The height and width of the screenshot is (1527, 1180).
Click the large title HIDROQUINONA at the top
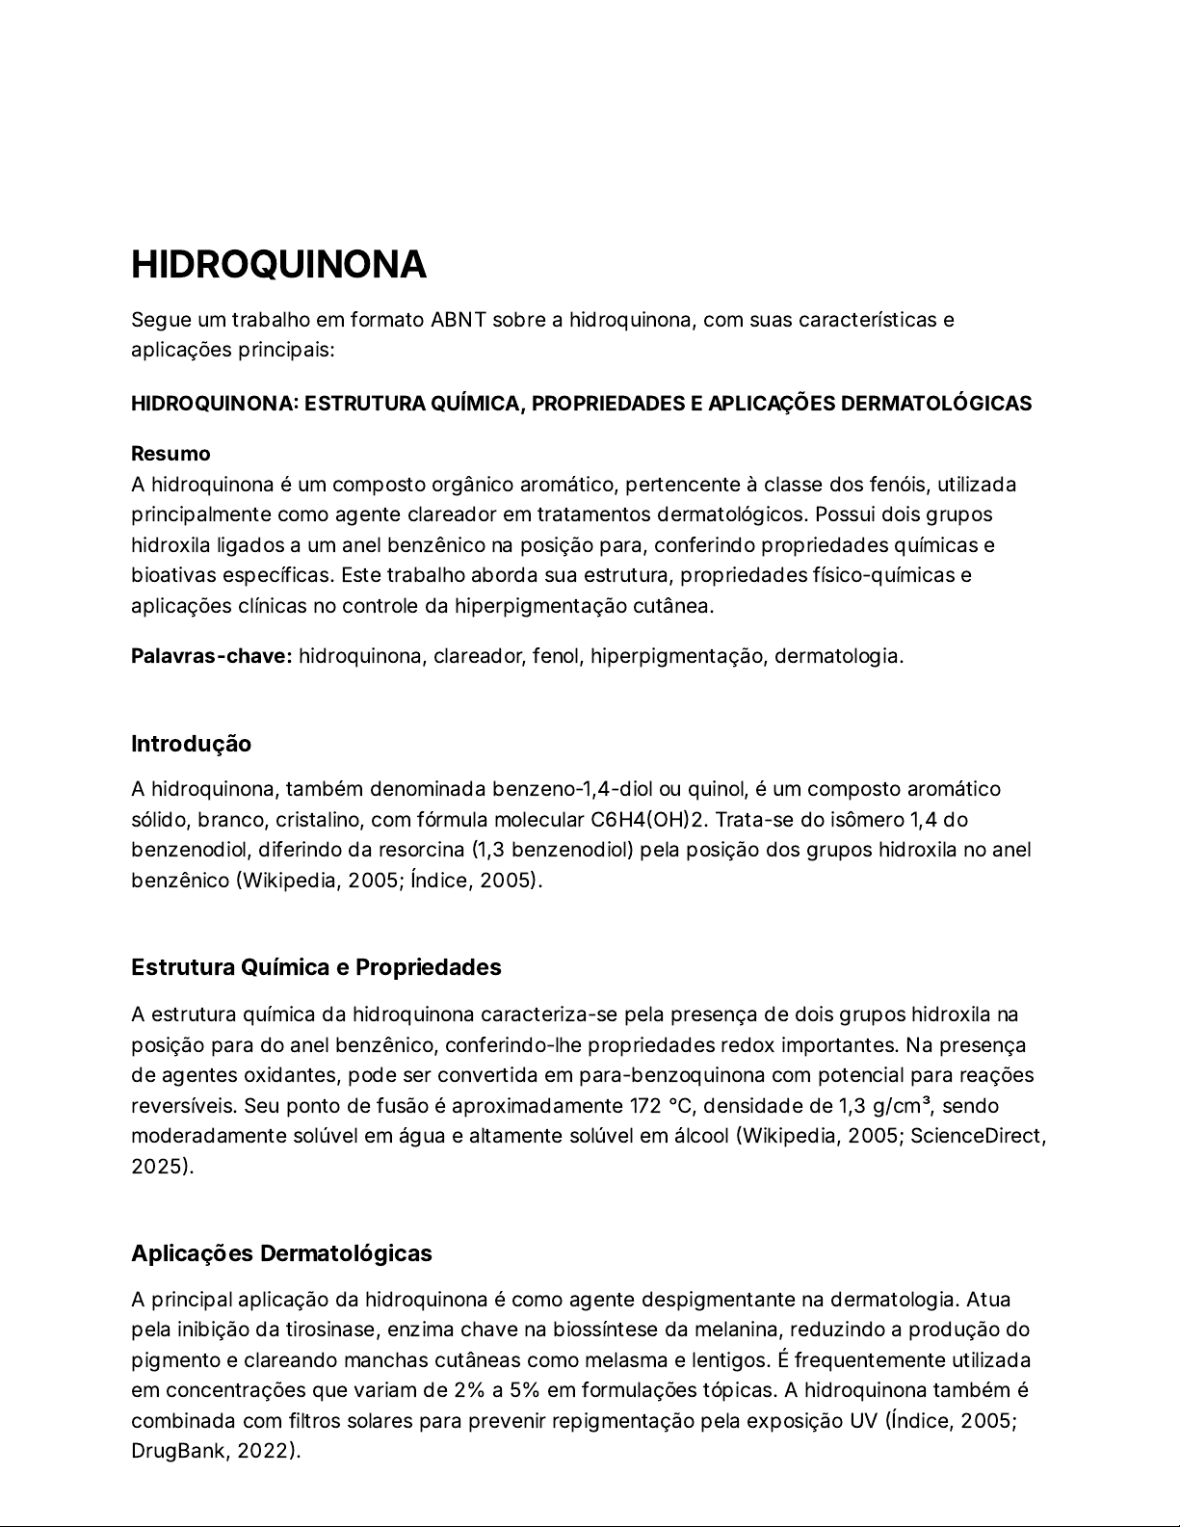[278, 265]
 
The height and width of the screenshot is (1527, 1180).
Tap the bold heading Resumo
[170, 454]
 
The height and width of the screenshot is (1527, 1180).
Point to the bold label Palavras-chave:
[211, 657]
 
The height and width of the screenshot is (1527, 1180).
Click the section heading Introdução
[191, 744]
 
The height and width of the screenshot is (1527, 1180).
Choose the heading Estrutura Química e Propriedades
[316, 967]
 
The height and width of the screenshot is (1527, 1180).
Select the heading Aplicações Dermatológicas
[281, 1253]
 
